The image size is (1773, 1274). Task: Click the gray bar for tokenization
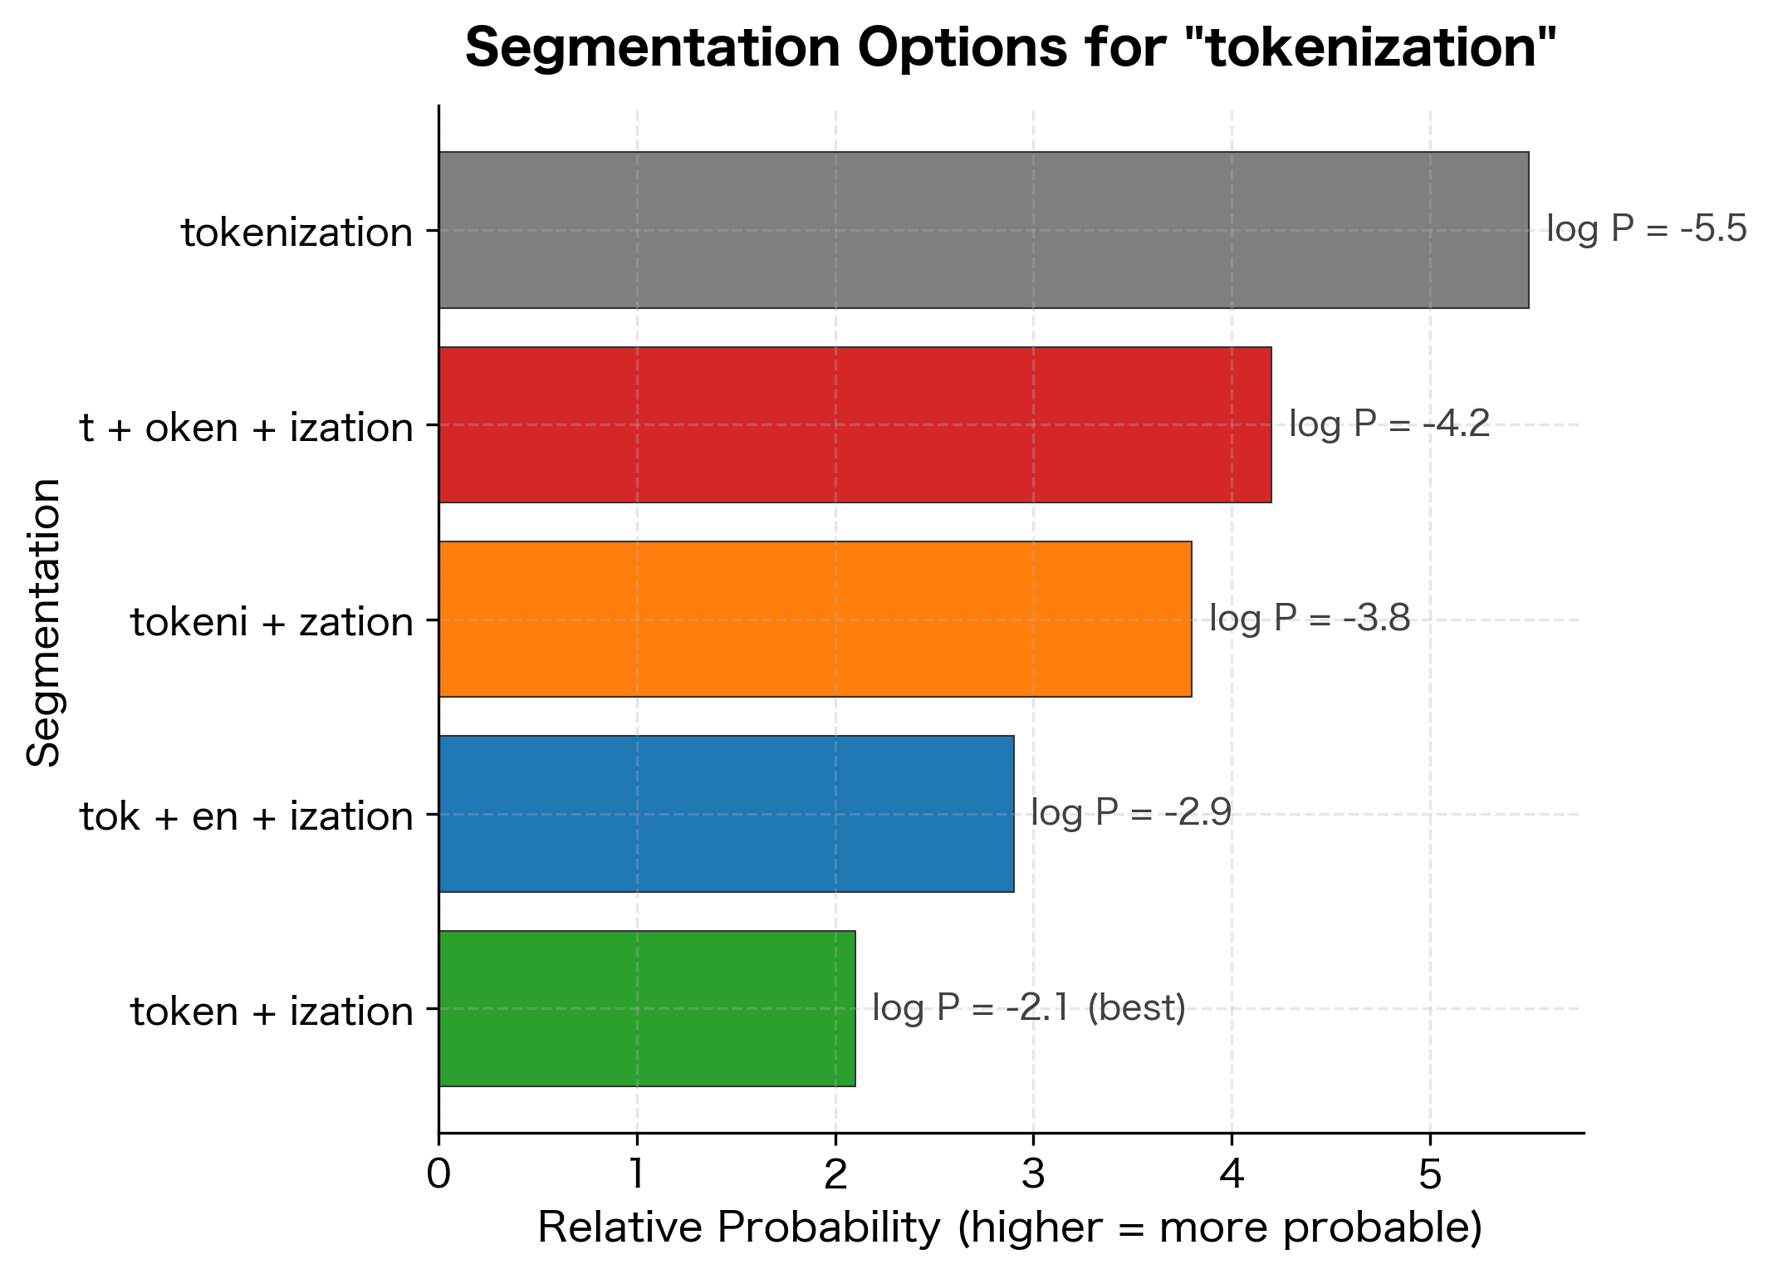click(983, 230)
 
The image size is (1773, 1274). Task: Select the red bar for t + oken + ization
click(855, 424)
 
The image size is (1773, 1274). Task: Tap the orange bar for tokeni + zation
click(815, 619)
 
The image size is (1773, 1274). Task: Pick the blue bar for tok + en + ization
click(726, 814)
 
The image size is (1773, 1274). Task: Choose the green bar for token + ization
click(646, 1008)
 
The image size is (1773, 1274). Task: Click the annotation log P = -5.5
click(1646, 229)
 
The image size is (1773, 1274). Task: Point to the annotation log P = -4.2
click(1389, 424)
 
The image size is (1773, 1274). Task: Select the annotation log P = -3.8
click(1309, 619)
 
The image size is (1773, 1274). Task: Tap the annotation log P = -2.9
click(1130, 813)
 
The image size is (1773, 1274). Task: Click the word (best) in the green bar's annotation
click(1136, 1008)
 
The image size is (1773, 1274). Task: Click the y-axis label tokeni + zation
click(272, 622)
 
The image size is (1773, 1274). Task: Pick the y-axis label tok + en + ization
click(247, 816)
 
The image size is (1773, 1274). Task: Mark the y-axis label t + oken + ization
click(247, 428)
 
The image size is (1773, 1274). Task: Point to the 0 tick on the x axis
click(438, 1175)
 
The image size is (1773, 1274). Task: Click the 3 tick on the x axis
click(1033, 1175)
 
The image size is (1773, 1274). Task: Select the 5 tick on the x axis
click(1429, 1175)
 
